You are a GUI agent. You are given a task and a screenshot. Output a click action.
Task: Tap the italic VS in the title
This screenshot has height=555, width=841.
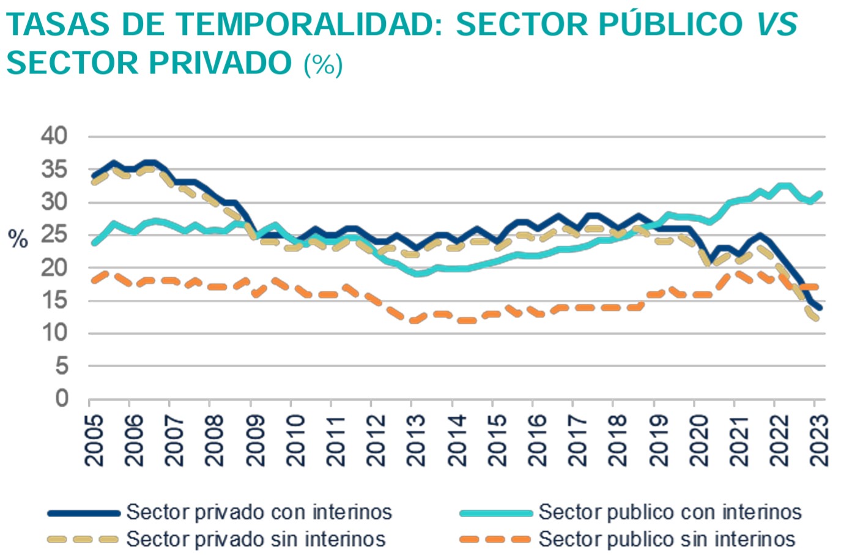[x=777, y=24]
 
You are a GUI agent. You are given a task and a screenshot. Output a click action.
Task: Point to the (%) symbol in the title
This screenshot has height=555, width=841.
[x=323, y=64]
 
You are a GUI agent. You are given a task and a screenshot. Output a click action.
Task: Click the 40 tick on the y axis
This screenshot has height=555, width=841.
[x=54, y=136]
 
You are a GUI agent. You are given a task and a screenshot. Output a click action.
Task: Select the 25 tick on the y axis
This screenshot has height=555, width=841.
[x=54, y=235]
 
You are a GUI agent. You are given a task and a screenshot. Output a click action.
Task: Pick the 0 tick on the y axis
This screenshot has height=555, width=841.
[x=62, y=399]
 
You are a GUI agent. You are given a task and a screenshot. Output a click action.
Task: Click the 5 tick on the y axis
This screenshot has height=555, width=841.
[x=62, y=366]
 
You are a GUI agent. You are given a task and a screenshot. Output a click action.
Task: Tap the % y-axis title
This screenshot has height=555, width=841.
[x=18, y=239]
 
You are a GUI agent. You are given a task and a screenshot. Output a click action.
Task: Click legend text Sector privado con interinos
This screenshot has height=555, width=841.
[x=259, y=512]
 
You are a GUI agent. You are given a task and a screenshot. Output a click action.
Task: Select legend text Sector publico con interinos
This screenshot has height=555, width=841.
[x=670, y=512]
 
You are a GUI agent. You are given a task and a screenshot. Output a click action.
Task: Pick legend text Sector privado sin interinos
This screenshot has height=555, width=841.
[x=256, y=539]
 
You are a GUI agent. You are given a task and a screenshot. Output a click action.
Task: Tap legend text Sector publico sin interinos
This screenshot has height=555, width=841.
[x=667, y=539]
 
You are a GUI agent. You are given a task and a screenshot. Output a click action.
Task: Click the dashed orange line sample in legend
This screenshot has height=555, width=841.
[x=495, y=539]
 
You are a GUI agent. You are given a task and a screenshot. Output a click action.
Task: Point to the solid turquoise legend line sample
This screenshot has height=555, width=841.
[x=495, y=513]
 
